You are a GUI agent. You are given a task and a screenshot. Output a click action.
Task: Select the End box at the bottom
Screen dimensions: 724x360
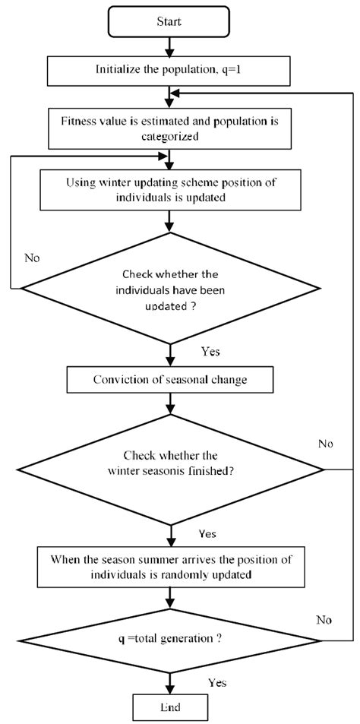click(169, 708)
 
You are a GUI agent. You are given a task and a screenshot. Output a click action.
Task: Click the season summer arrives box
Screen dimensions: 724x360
click(169, 566)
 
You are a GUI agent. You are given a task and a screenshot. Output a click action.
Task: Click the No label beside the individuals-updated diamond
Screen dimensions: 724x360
click(32, 258)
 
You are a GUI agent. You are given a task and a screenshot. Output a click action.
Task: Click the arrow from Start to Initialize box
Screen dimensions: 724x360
click(169, 46)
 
